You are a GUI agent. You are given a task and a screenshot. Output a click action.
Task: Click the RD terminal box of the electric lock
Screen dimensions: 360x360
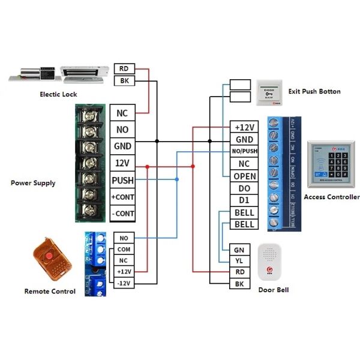124,68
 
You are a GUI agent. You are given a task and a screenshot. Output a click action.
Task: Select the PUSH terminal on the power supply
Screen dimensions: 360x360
122,179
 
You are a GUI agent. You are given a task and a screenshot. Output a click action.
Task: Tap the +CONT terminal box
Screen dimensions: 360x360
122,196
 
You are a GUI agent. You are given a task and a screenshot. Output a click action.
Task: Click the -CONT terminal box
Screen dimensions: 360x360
122,213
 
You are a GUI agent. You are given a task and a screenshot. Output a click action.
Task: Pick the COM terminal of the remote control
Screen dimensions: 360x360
124,250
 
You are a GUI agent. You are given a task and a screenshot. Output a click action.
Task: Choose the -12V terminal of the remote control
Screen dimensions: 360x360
124,283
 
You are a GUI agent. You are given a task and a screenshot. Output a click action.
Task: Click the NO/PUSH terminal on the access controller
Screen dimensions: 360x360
244,151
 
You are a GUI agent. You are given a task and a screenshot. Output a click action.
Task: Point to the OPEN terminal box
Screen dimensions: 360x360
244,176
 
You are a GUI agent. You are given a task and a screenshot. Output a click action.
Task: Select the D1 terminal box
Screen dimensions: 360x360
244,200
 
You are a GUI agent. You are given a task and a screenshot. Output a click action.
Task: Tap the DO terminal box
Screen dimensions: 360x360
244,188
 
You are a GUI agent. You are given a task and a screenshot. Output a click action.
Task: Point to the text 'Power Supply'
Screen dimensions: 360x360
33,182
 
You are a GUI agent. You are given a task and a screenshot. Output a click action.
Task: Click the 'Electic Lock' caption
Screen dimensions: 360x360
58,94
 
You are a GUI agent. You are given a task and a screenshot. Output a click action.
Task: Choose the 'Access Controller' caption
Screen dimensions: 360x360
332,197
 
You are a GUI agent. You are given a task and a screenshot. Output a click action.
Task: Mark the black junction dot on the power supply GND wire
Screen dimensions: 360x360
157,141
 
